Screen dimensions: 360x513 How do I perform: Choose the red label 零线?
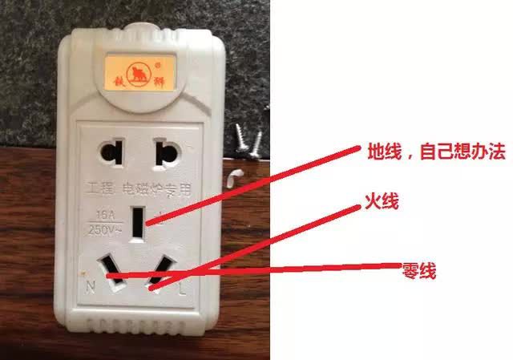418,271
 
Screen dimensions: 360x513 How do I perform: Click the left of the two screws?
240,137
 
